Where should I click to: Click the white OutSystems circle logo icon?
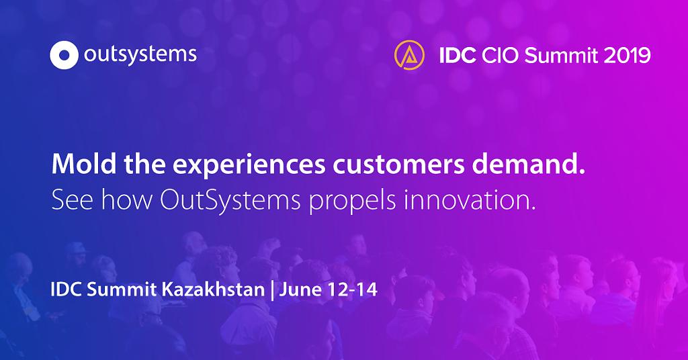coord(64,55)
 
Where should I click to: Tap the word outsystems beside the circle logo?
coord(140,56)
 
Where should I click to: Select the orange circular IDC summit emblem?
coord(409,55)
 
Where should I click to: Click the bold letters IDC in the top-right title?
coord(458,56)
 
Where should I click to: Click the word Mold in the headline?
coord(84,164)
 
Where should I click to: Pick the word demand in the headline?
coord(525,164)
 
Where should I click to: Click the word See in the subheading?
coord(72,199)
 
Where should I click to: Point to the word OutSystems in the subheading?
coord(230,199)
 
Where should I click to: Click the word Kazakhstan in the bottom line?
coord(213,289)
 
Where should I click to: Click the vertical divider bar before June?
coord(272,290)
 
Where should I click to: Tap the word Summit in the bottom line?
coord(122,289)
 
